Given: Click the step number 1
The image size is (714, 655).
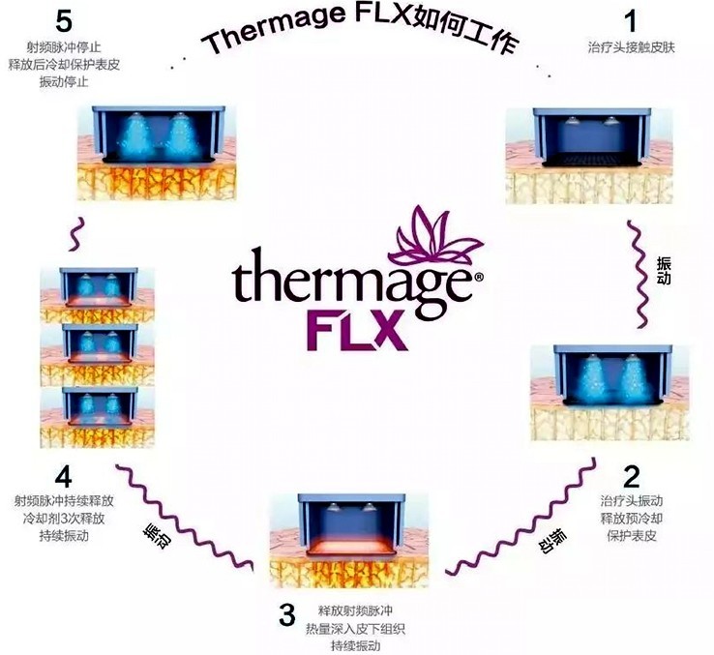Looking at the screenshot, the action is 631,21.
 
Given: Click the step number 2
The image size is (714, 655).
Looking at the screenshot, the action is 631,476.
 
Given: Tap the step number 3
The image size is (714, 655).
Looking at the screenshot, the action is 287,614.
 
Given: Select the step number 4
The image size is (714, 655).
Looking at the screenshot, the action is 63,477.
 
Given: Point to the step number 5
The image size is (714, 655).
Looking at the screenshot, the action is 63,21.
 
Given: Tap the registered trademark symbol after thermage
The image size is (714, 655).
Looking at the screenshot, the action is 479,277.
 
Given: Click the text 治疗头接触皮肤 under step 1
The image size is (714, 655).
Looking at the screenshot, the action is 631,47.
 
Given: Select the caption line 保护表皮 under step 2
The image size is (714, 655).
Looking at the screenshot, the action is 632,536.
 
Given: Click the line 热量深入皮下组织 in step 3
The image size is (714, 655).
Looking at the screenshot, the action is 355,629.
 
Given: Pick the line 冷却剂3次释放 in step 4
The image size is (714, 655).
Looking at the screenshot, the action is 64,519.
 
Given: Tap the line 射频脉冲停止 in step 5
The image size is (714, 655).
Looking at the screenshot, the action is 63,47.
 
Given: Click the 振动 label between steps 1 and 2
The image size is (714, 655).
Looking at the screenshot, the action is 664,271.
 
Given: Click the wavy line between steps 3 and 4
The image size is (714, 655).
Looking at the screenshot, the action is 184,517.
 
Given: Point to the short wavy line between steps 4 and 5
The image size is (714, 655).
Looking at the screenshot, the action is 77,234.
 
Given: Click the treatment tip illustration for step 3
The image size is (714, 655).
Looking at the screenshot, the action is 349,541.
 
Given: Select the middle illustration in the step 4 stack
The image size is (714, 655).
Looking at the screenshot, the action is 97,355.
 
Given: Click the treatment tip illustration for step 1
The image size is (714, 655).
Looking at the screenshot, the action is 589,156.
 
